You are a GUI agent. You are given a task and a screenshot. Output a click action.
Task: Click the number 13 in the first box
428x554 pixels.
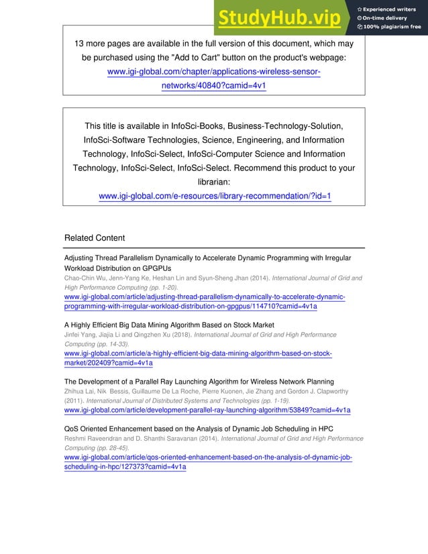click(80, 44)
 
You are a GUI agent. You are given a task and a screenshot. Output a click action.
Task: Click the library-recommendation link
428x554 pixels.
click(215, 196)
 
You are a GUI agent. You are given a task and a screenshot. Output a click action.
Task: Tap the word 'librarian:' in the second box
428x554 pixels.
click(214, 182)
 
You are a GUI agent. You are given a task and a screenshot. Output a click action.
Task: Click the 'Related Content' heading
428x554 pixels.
click(94, 237)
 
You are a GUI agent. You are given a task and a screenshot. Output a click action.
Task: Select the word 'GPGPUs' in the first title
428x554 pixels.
click(159, 268)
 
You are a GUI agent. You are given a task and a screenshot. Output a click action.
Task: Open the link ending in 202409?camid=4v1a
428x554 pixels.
click(108, 363)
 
